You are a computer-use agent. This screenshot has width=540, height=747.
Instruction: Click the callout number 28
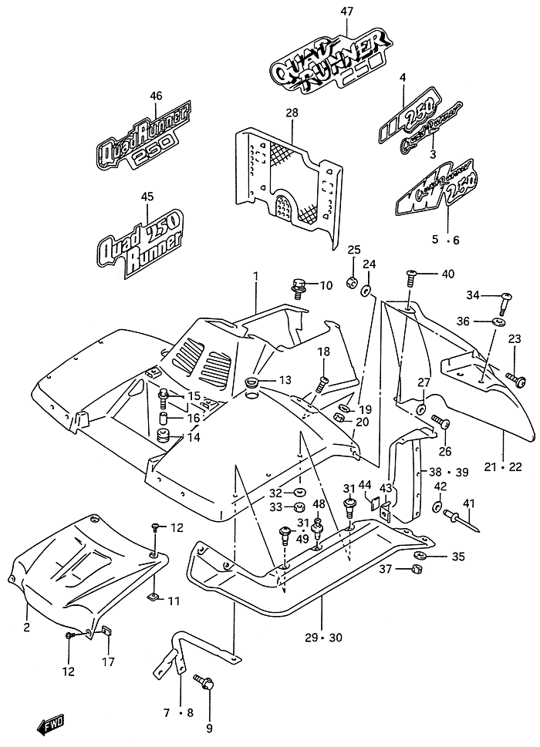coord(291,113)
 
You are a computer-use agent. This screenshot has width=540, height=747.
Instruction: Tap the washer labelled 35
coord(421,556)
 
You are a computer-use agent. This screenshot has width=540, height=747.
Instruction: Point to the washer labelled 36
coord(501,320)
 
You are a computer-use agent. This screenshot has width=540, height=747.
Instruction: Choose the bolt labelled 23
coord(516,379)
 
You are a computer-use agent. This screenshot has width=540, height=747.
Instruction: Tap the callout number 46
coord(156,95)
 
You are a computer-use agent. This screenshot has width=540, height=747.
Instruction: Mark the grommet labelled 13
coord(252,382)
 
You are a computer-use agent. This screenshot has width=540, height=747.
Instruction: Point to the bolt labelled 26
coord(440,422)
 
